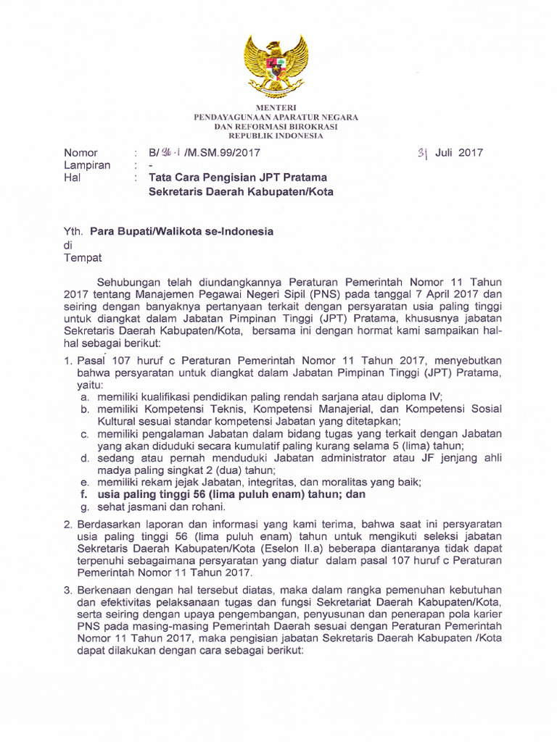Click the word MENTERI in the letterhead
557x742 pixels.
[276, 108]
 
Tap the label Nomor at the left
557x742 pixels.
[81, 153]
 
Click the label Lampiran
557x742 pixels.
[87, 165]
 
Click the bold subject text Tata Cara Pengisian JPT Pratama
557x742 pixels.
[238, 178]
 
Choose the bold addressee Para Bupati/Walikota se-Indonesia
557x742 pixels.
[181, 232]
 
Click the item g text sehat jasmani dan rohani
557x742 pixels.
[154, 507]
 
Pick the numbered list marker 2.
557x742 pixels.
[67, 524]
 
